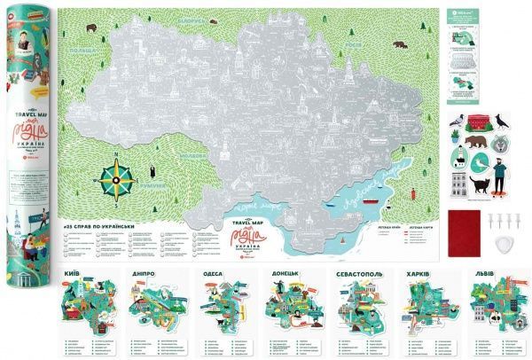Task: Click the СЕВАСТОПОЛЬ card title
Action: [x=359, y=276]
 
